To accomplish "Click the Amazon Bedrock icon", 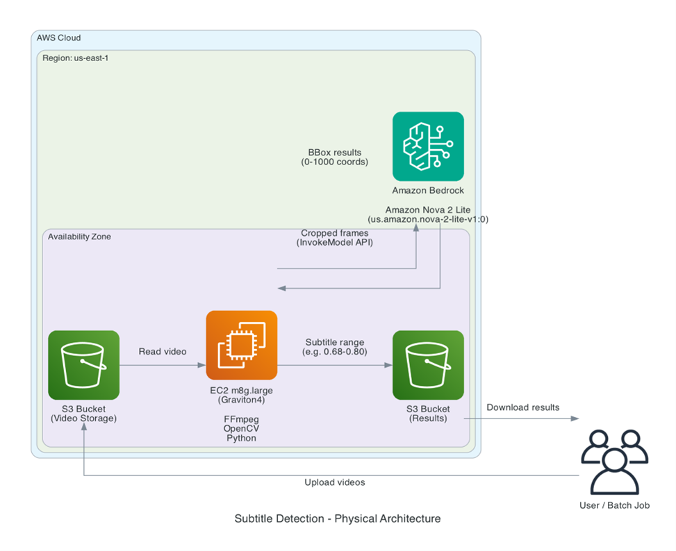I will click(x=428, y=146).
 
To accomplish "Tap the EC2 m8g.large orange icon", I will click(x=241, y=346).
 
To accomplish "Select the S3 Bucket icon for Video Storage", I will click(x=83, y=365).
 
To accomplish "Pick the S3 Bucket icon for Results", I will click(x=428, y=365).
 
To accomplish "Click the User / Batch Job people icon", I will click(x=614, y=461).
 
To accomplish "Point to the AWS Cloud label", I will click(x=59, y=37).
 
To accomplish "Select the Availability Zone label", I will click(x=79, y=237).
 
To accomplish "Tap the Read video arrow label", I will click(x=163, y=351).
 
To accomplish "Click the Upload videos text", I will click(x=335, y=482).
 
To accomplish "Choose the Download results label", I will click(x=522, y=407).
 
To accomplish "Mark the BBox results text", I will click(x=335, y=152).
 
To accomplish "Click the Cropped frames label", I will click(x=335, y=233).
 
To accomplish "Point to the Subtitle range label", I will click(x=335, y=342).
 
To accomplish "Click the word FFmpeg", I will click(x=241, y=420).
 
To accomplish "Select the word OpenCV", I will click(x=241, y=429).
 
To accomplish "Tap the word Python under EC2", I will click(x=241, y=438).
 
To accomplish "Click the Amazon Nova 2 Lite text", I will click(x=428, y=209).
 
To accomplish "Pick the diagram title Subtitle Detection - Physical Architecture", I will click(x=338, y=518).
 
